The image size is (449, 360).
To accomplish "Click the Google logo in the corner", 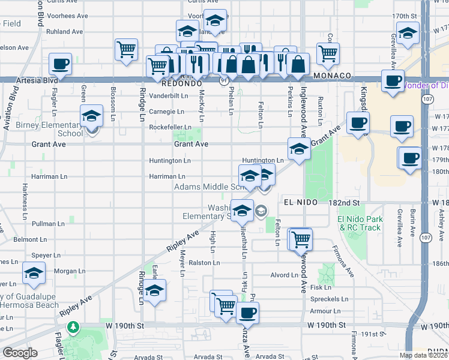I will [x=20, y=353].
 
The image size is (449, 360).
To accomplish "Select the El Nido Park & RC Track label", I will [x=360, y=223].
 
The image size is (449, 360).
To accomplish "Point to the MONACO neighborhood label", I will [x=332, y=76].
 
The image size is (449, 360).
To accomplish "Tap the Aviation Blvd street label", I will [x=9, y=107].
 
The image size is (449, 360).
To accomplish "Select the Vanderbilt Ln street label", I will [x=169, y=95].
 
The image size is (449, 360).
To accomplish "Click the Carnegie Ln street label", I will [x=166, y=112].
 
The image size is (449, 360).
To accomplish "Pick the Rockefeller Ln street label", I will [x=170, y=127].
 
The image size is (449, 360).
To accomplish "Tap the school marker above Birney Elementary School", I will [x=91, y=115].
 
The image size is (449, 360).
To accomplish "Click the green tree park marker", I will [x=73, y=327].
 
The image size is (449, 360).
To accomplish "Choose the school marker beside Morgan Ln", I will [x=34, y=272].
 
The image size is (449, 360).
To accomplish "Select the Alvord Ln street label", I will [x=284, y=275].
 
